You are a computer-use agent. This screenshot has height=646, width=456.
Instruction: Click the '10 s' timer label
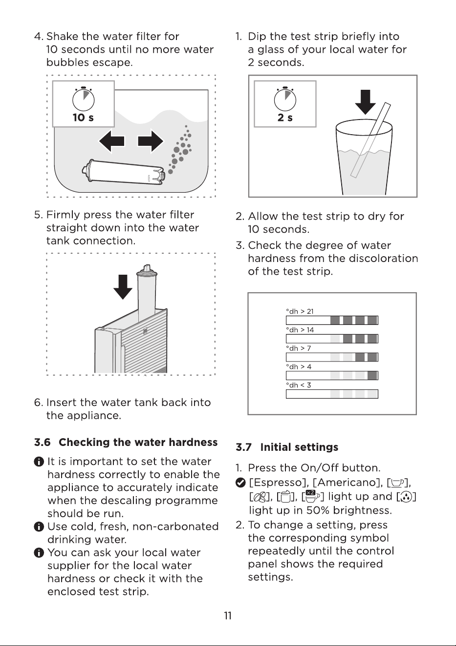[83, 118]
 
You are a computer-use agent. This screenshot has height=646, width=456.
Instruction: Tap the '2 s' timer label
[285, 118]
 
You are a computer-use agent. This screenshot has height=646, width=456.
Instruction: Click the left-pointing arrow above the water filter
[111, 141]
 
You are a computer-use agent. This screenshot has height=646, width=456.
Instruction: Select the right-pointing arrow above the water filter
[151, 141]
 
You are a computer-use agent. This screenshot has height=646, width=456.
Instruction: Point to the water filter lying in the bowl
[124, 172]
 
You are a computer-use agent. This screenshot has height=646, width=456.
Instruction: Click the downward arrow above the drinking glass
[366, 102]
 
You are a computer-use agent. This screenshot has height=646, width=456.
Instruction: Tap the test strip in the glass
[371, 140]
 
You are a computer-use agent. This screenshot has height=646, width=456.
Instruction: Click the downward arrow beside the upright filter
[123, 287]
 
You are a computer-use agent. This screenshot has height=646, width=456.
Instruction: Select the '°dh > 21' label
[300, 311]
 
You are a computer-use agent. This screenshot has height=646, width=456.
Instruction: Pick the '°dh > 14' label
[300, 330]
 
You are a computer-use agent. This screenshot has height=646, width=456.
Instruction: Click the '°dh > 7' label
[299, 348]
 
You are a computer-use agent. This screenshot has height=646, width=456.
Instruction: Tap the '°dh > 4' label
[299, 366]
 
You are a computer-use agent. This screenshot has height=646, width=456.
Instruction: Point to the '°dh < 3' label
[299, 385]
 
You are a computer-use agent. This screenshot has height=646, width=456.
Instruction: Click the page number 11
[228, 616]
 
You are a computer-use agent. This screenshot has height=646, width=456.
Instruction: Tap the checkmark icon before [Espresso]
[240, 482]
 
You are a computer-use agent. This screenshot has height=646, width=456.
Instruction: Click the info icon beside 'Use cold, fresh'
[39, 526]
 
